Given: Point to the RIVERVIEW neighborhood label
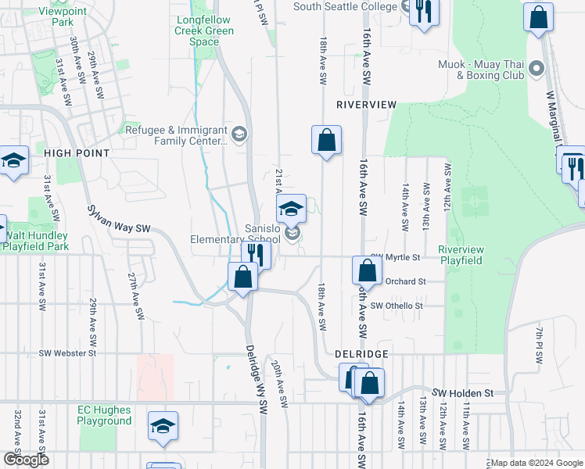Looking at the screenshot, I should pyautogui.click(x=367, y=104).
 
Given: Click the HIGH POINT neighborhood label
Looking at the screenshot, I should pyautogui.click(x=77, y=153).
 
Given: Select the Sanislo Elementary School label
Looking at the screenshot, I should pyautogui.click(x=235, y=234).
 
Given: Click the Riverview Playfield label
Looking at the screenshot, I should pyautogui.click(x=461, y=254).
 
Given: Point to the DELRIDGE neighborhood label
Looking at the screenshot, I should pyautogui.click(x=362, y=354).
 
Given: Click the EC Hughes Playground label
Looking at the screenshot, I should pyautogui.click(x=104, y=415).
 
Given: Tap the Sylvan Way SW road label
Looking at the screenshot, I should pyautogui.click(x=119, y=221).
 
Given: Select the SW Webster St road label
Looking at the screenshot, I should pyautogui.click(x=66, y=353).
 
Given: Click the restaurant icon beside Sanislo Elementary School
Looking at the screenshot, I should pyautogui.click(x=255, y=252).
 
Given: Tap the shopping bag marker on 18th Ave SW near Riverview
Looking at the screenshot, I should pyautogui.click(x=327, y=141).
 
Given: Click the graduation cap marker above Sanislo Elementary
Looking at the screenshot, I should pyautogui.click(x=292, y=209).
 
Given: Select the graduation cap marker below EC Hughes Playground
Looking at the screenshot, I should pyautogui.click(x=163, y=426).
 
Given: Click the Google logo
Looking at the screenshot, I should pyautogui.click(x=26, y=460).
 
